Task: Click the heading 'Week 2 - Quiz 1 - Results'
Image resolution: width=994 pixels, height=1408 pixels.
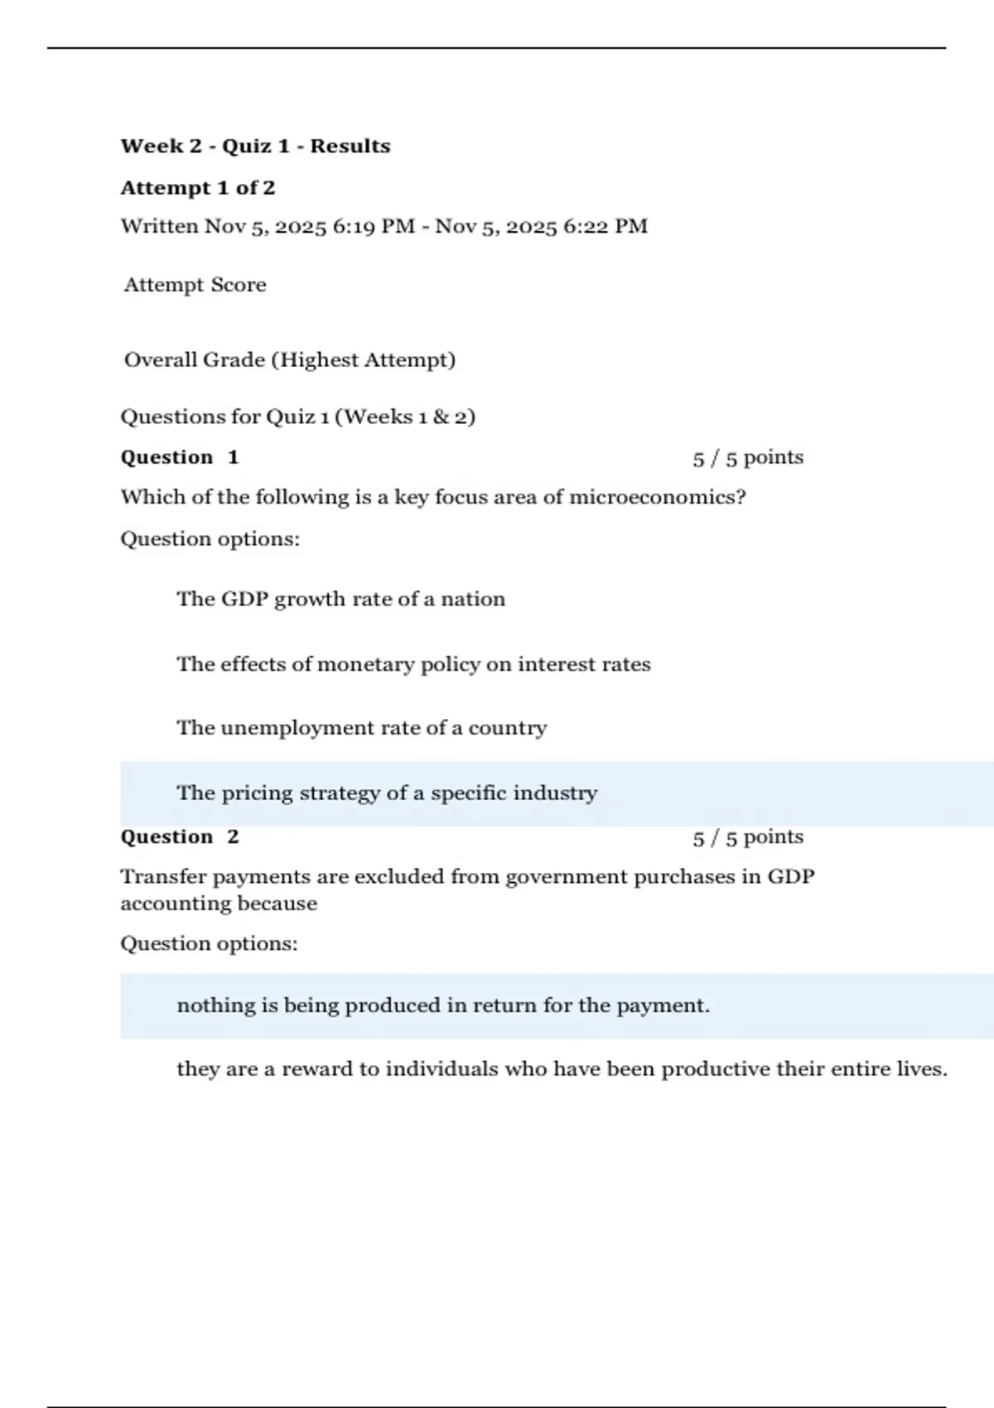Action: [255, 147]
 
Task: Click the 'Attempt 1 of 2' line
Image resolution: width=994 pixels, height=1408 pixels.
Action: [198, 188]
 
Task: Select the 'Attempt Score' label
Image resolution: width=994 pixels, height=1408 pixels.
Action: [195, 285]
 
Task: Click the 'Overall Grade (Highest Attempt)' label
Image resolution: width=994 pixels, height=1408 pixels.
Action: [290, 360]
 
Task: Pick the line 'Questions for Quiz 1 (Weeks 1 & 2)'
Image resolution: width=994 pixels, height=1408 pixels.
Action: [298, 417]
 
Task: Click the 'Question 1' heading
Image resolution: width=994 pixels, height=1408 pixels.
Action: [180, 457]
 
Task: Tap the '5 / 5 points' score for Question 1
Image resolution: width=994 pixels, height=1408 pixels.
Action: [748, 458]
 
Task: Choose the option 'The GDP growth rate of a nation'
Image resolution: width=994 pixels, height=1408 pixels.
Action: [340, 599]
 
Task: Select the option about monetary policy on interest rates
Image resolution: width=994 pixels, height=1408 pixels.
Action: [413, 664]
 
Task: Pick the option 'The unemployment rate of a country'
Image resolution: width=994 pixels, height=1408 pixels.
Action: [361, 728]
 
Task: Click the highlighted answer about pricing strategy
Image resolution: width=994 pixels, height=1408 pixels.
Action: [387, 793]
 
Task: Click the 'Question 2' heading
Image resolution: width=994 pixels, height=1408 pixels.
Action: [180, 837]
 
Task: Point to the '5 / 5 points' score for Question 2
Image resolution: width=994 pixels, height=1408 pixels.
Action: [748, 837]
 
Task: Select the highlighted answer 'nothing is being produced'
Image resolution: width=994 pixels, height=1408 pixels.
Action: [443, 1005]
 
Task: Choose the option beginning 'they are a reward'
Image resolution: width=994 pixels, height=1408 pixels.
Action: [562, 1069]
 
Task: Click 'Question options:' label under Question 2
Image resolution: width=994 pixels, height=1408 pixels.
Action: [209, 944]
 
